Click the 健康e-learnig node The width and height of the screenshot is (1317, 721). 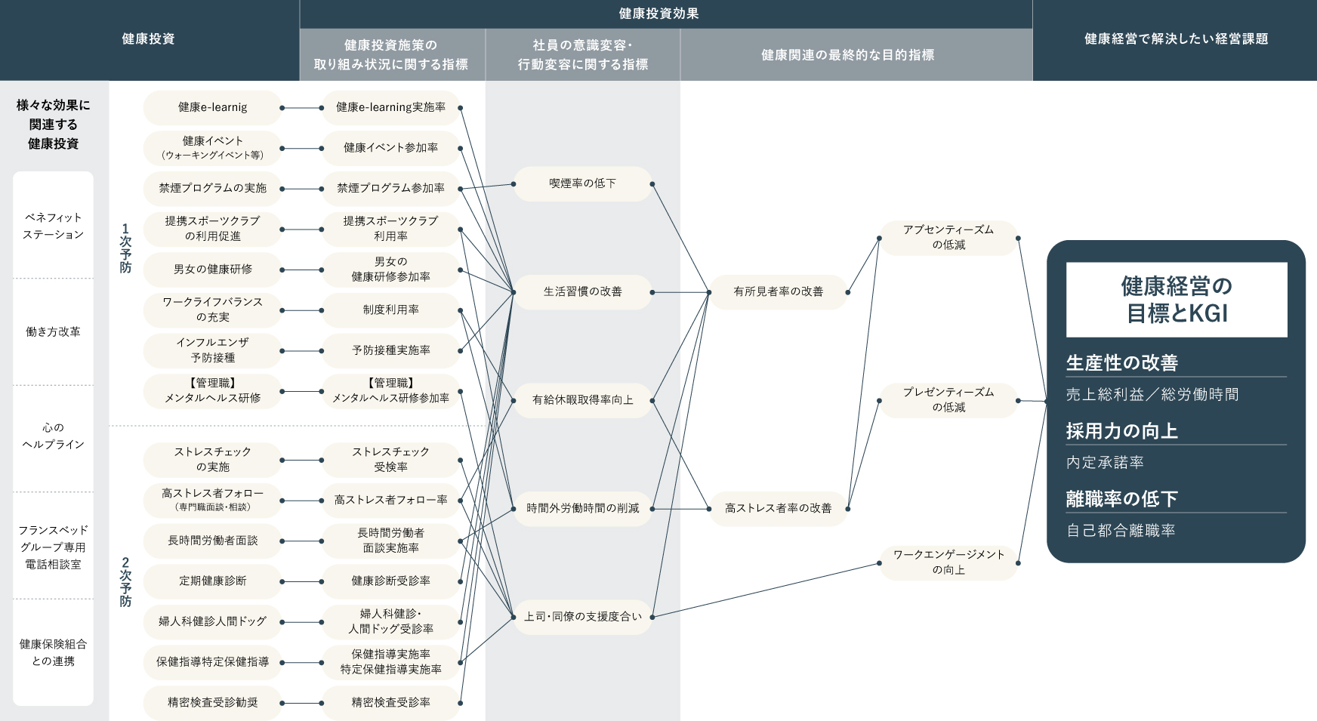212,108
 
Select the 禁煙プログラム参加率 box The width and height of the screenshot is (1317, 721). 390,189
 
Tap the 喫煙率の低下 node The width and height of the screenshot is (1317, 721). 582,183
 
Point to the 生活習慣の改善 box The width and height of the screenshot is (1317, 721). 582,291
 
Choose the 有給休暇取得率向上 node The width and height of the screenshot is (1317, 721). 582,400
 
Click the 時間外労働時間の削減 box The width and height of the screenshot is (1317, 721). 582,508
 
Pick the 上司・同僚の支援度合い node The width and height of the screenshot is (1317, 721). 582,617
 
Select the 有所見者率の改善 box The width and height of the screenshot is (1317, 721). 778,291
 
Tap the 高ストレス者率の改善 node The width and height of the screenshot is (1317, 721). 778,508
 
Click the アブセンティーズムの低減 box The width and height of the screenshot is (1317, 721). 948,237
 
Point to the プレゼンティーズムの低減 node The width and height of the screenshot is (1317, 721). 948,399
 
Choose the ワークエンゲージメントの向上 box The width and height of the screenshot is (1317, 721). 948,562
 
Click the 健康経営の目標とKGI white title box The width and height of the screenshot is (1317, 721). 1176,299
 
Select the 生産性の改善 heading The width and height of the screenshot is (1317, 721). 1122,363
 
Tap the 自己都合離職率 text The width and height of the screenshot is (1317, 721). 1121,531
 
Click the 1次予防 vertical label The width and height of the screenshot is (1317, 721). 125,248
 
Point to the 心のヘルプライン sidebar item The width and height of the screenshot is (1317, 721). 53,436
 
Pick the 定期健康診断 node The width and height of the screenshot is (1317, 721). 212,581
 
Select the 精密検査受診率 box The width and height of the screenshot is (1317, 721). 390,703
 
